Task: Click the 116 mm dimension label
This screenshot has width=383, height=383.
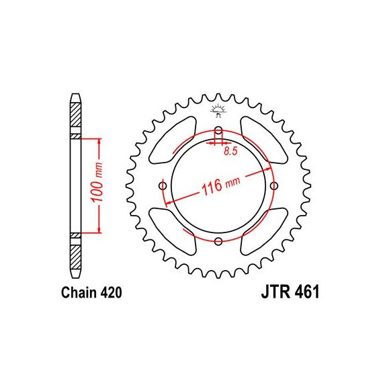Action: tap(220, 185)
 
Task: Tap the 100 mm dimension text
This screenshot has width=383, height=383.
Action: tap(97, 182)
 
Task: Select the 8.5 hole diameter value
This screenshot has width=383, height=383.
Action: tap(230, 151)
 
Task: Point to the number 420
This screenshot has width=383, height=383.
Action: tap(111, 292)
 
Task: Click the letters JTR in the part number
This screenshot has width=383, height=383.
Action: tap(276, 292)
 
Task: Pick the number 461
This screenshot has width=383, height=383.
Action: tap(307, 292)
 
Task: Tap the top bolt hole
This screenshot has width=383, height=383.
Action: tap(218, 130)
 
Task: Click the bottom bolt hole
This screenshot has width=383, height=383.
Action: tap(218, 242)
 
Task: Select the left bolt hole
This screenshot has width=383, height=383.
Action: tap(163, 186)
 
